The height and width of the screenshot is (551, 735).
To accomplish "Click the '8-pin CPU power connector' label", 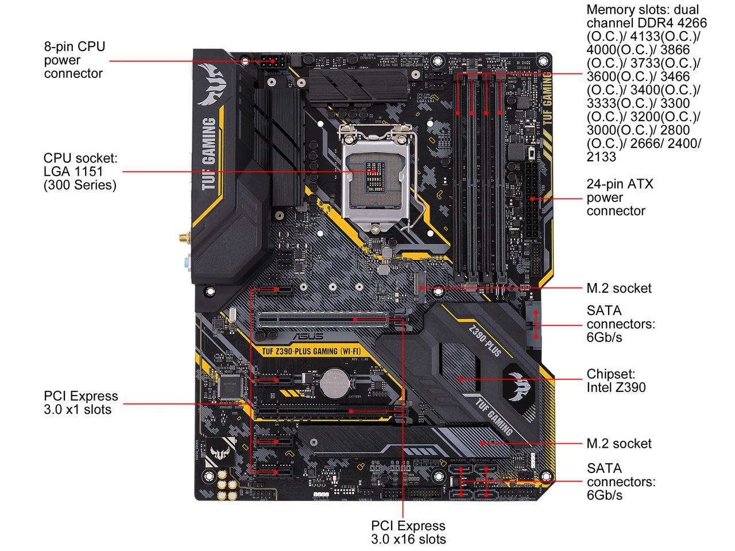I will point(75,60).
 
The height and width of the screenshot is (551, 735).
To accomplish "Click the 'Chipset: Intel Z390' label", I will point(616,381).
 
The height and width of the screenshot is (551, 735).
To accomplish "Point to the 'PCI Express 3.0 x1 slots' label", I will point(80,402).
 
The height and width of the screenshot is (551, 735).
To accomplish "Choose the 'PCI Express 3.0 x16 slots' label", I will point(408,532).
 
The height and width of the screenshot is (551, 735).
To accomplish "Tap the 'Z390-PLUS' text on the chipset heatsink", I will point(485,342).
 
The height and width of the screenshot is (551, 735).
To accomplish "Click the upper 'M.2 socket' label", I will point(619,288).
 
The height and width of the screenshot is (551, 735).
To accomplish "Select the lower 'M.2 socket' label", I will point(619,444).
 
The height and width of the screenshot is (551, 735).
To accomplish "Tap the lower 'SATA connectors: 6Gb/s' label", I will point(620,482).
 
